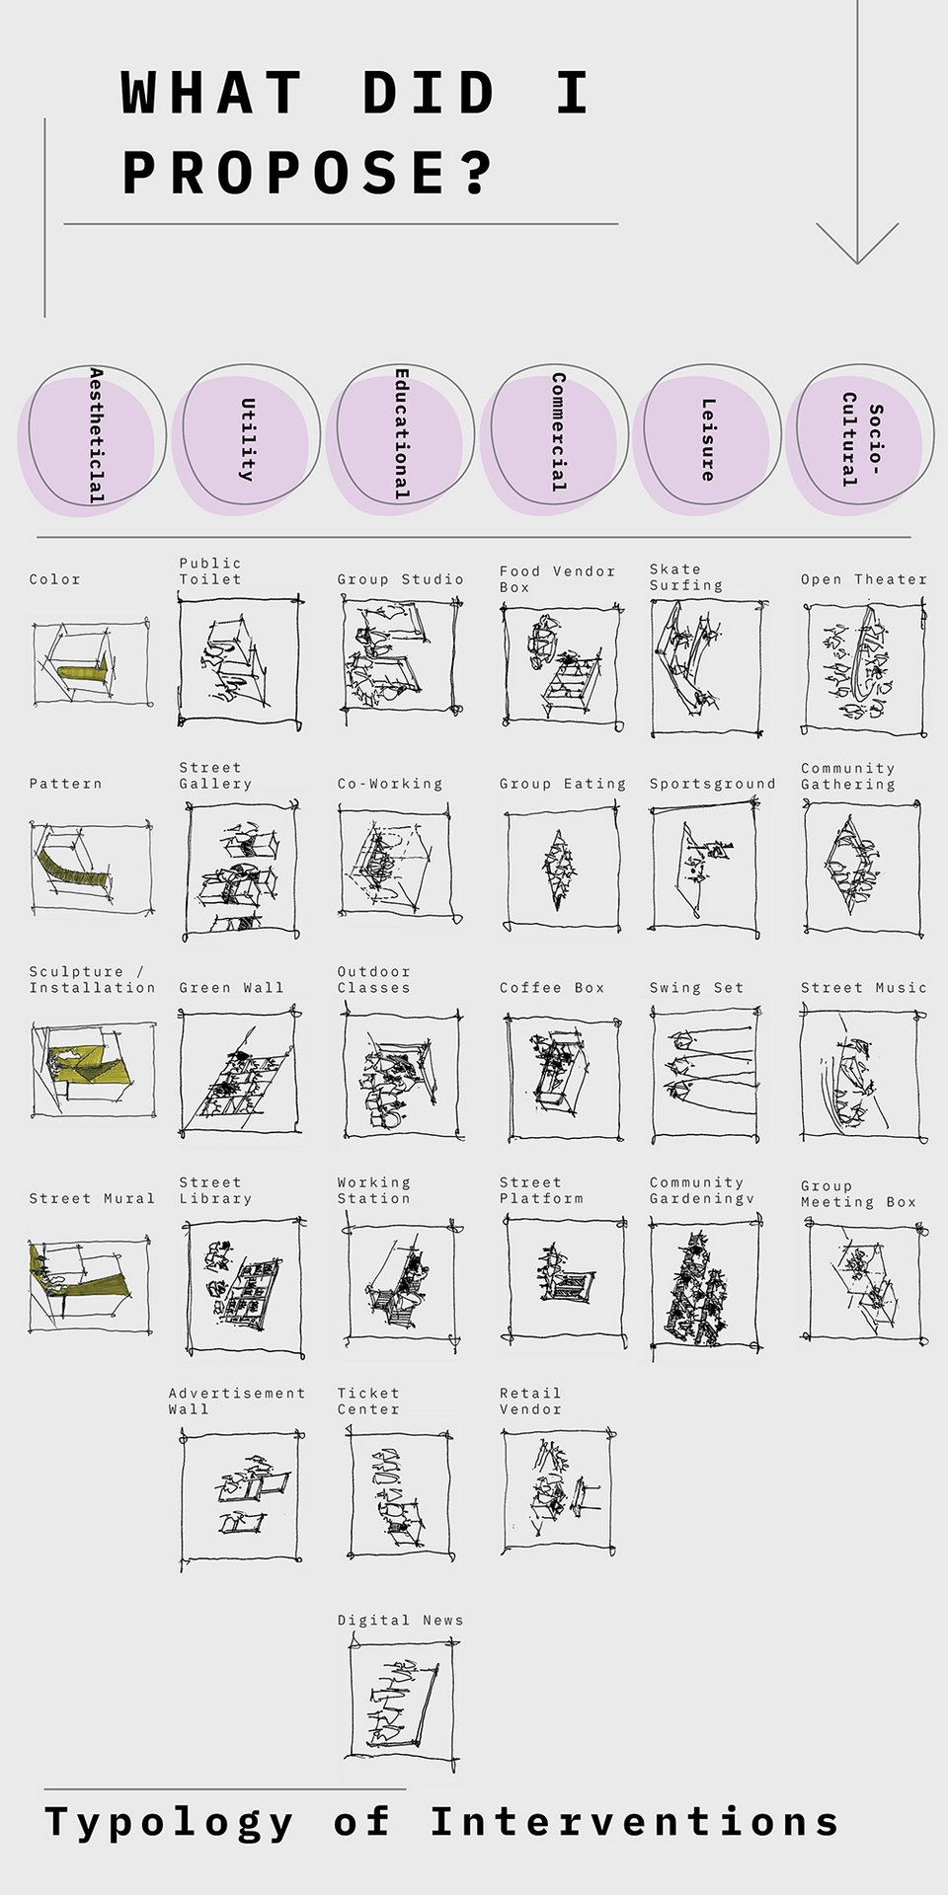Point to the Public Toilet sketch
point(240,660)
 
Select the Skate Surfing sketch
point(707,667)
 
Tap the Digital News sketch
point(403,1699)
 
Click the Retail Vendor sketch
point(558,1490)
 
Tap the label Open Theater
point(864,579)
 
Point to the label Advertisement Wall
point(237,1401)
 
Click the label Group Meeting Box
point(858,1193)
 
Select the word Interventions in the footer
point(634,1822)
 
